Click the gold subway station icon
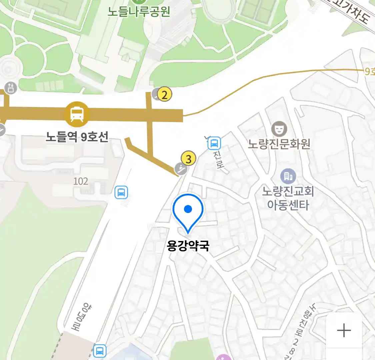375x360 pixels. [77, 114]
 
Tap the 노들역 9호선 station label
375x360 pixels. [77, 137]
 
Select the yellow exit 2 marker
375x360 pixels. [164, 95]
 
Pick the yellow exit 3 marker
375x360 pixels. [189, 159]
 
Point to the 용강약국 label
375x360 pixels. [188, 246]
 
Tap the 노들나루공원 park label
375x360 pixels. [139, 12]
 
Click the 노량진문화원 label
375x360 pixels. [279, 144]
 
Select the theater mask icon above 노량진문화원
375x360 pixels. [279, 129]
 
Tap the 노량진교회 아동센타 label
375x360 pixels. [288, 198]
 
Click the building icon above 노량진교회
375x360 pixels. [288, 176]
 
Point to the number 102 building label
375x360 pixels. [81, 181]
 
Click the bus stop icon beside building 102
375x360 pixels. [121, 192]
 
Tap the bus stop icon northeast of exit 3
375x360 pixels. [214, 143]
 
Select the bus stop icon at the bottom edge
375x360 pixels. [99, 351]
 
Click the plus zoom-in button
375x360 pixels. [344, 330]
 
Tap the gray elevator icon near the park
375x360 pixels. [11, 88]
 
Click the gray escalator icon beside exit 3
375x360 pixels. [181, 169]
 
